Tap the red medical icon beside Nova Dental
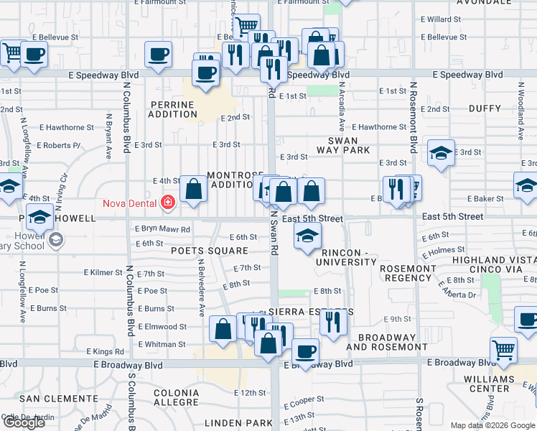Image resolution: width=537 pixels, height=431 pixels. pos(168,203)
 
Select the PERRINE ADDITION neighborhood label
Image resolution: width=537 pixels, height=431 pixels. pos(172,109)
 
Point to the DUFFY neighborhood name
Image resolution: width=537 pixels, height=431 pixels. pos(485,108)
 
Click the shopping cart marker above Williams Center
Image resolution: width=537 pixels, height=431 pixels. pos(503,351)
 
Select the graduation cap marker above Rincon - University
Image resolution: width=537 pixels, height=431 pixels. pos(307,236)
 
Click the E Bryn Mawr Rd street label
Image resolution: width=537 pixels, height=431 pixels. pos(163,229)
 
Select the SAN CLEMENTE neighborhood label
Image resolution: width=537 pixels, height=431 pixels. pos(49,398)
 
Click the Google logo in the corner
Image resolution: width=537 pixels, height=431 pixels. pos(24,422)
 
